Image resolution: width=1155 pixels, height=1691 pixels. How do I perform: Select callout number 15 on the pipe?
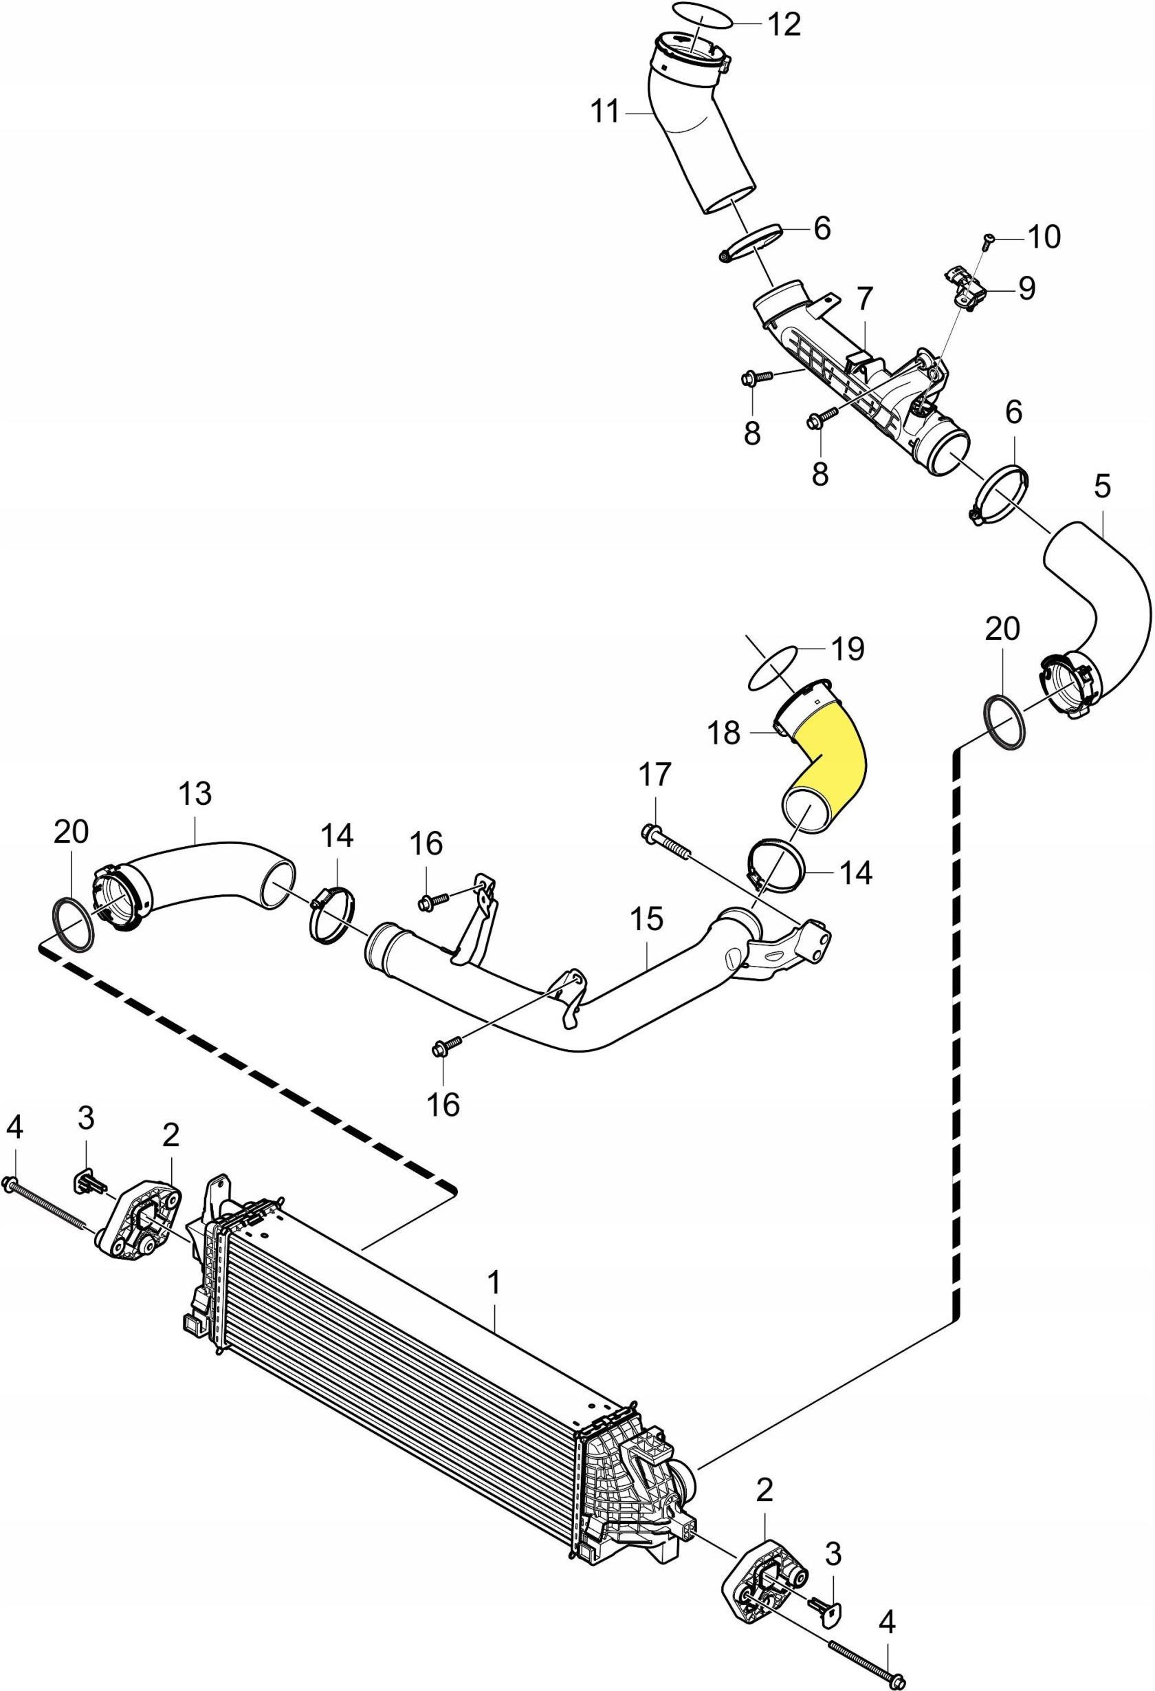646,920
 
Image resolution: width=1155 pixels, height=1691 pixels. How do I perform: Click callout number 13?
196,793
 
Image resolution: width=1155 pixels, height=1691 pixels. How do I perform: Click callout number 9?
1026,289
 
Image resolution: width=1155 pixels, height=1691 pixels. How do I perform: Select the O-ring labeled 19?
774,670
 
